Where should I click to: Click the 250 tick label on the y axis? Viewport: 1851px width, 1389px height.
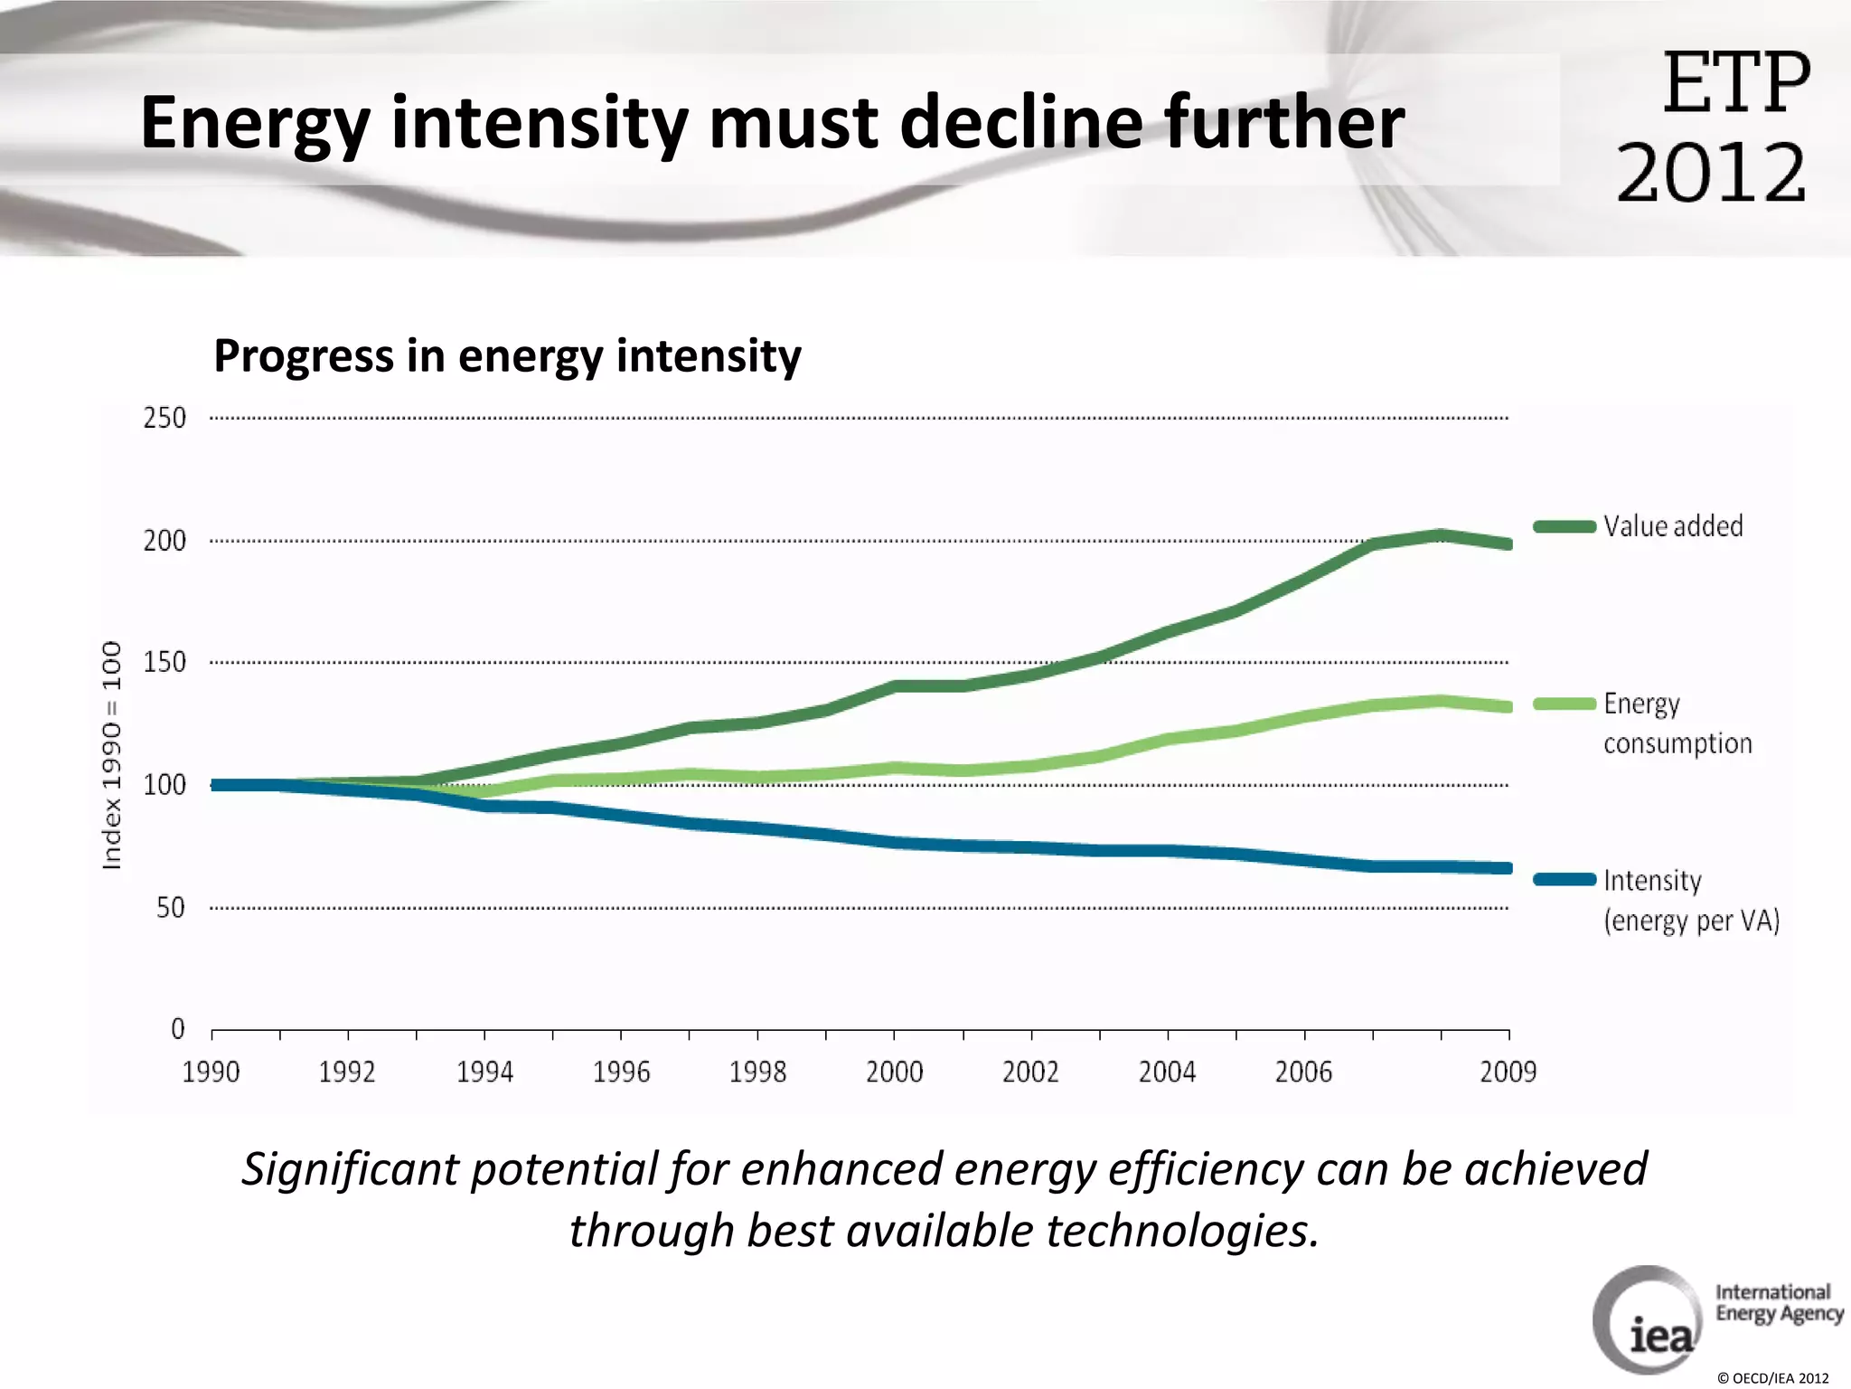click(x=164, y=418)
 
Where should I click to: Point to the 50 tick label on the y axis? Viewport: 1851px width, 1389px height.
click(x=170, y=907)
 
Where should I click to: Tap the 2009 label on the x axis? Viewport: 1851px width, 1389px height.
click(x=1508, y=1072)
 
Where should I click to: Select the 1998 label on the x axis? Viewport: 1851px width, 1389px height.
click(x=757, y=1072)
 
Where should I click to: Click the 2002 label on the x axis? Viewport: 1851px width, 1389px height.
click(x=1030, y=1072)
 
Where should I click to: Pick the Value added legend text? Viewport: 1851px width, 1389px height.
click(x=1673, y=526)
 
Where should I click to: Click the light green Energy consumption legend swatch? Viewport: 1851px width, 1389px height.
click(x=1564, y=704)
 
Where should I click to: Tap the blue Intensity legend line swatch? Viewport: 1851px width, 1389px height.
click(x=1564, y=879)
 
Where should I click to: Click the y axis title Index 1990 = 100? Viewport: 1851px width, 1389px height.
click(x=111, y=755)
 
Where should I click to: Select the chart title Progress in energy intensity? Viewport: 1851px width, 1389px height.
click(x=507, y=355)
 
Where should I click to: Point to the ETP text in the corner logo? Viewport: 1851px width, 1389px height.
click(x=1736, y=83)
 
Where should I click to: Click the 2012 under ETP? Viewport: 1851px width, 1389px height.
click(x=1711, y=172)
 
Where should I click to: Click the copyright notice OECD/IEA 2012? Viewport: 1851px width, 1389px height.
click(x=1772, y=1378)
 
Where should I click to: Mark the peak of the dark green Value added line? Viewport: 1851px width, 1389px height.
click(x=1441, y=535)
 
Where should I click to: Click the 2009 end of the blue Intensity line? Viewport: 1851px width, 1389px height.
click(x=1506, y=868)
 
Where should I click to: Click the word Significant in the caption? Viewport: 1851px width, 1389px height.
click(x=351, y=1168)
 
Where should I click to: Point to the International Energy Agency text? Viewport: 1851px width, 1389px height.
click(x=1779, y=1303)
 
